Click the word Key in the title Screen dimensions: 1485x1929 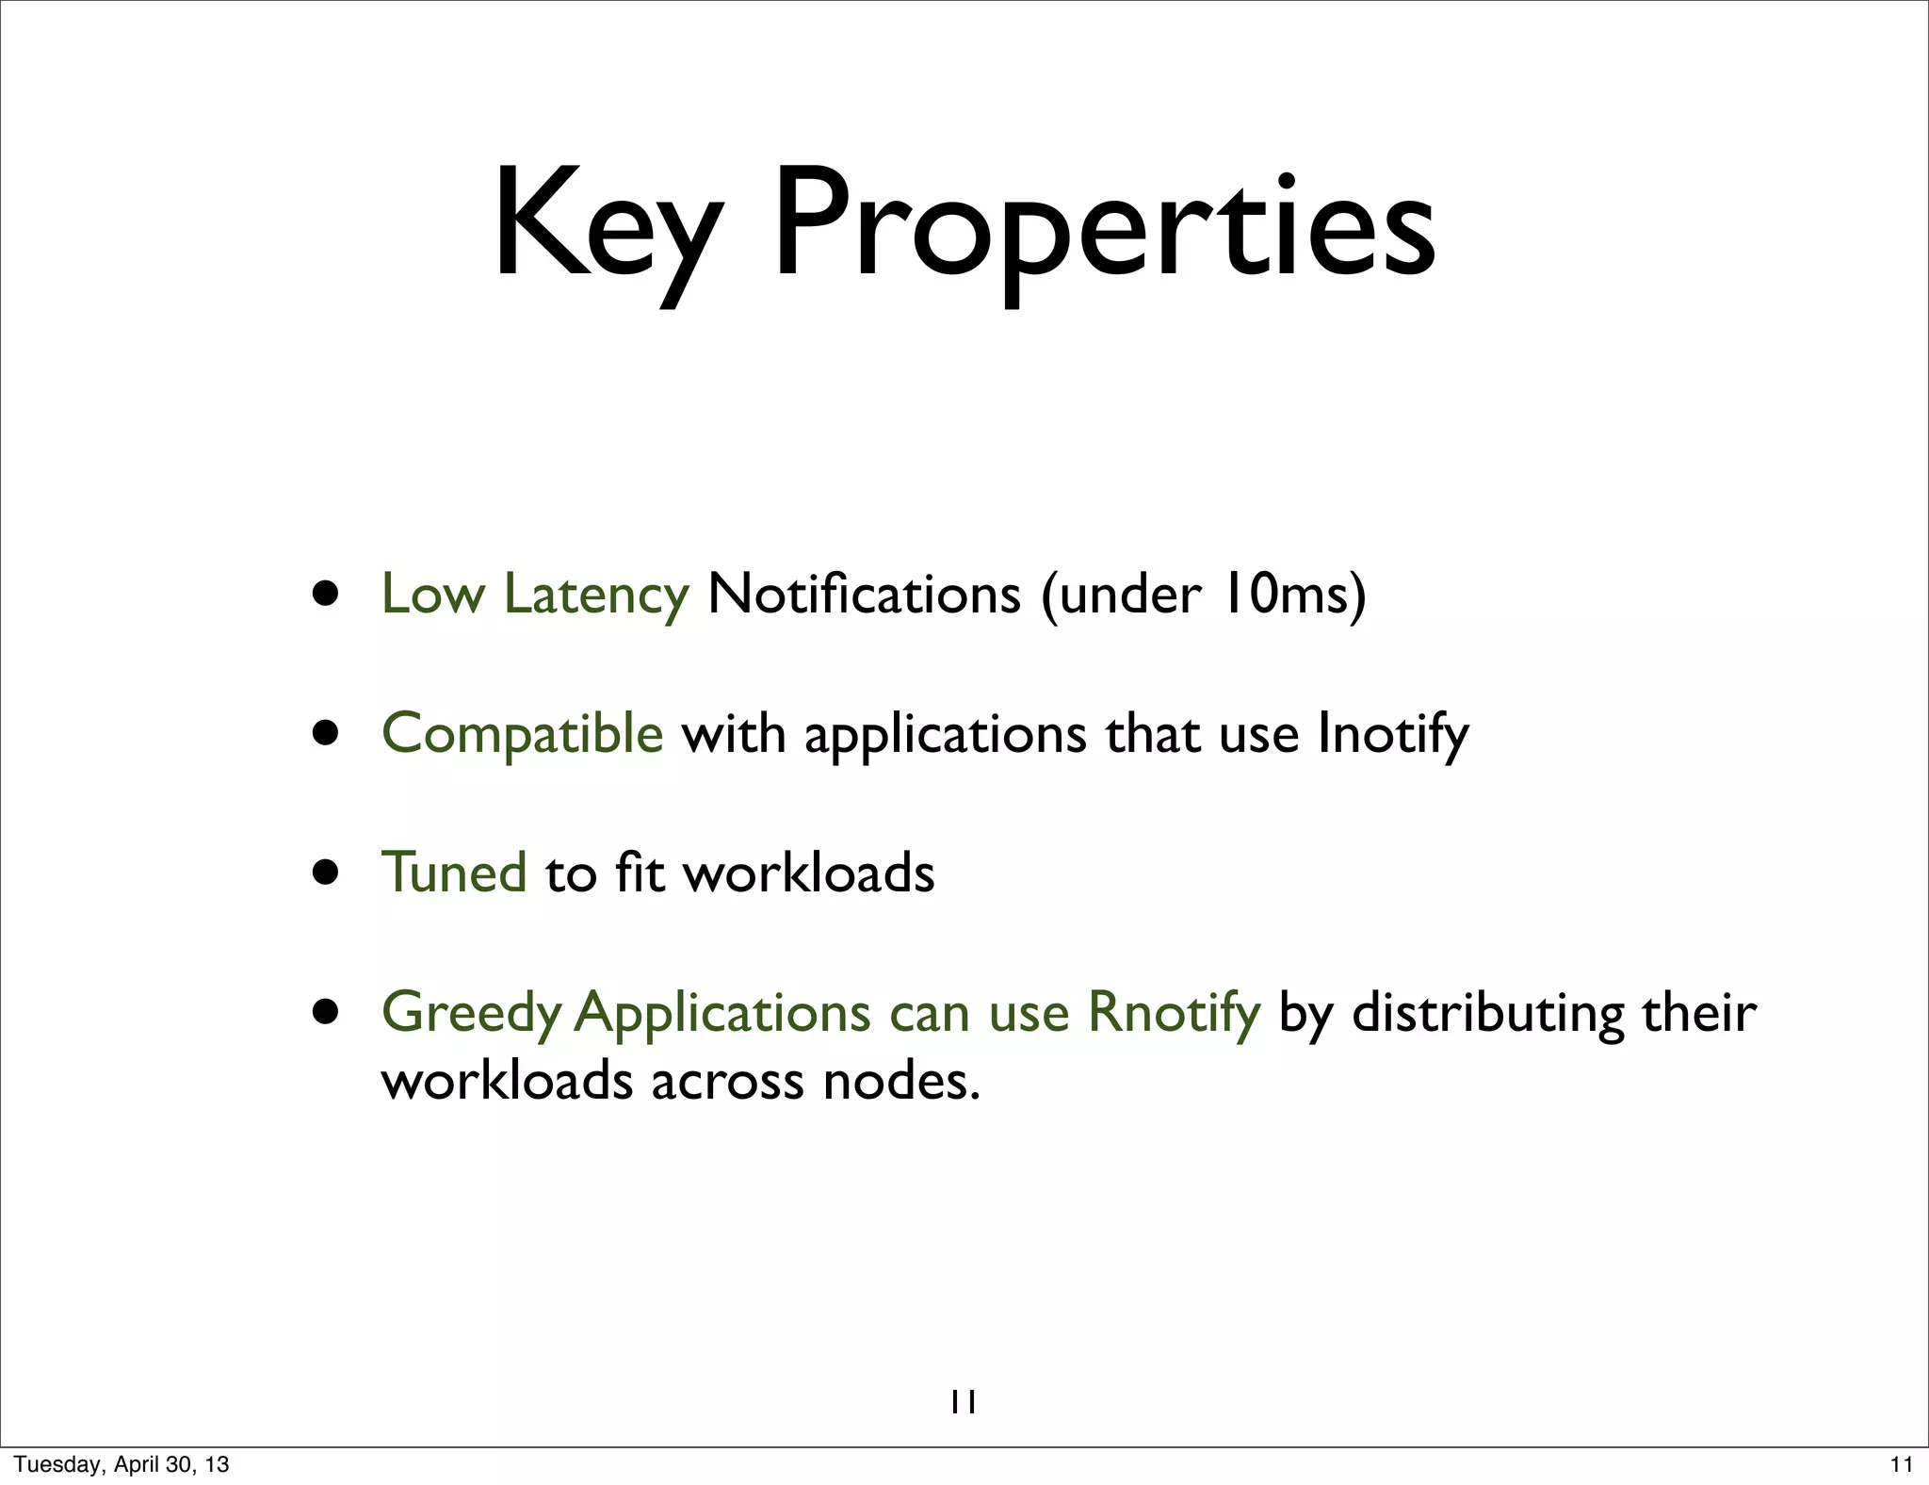point(608,226)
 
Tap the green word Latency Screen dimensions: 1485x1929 point(596,594)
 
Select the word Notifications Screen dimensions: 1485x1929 point(864,594)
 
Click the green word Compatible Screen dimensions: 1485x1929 point(522,733)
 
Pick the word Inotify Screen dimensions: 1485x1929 point(1392,733)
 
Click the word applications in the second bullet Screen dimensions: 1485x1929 point(945,733)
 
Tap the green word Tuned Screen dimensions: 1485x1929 point(454,872)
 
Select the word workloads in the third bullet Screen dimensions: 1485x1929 point(808,872)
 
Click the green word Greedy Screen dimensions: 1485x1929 point(471,1013)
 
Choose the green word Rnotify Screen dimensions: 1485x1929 point(1174,1013)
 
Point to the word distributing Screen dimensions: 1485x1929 point(1488,1013)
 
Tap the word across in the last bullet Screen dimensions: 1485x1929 point(727,1080)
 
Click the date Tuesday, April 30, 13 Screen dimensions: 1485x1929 point(122,1464)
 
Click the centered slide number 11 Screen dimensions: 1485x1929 point(964,1403)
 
